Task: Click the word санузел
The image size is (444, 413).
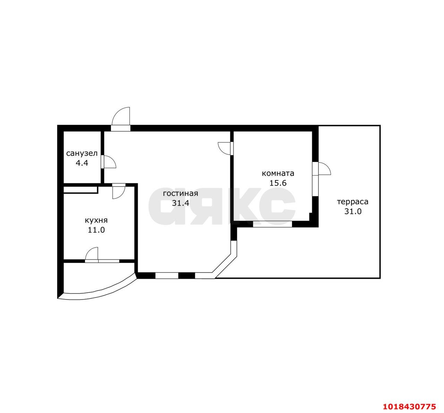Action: (82, 154)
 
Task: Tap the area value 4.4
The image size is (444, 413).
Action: (82, 163)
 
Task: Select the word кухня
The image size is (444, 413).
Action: (96, 221)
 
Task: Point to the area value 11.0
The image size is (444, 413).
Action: (96, 230)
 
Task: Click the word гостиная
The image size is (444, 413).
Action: (180, 194)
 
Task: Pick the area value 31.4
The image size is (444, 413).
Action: (180, 203)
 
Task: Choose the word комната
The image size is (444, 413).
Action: (278, 173)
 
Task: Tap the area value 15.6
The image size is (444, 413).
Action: (278, 183)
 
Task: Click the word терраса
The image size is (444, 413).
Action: (353, 202)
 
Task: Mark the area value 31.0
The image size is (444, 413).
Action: (353, 211)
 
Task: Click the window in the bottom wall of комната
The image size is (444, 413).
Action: (273, 224)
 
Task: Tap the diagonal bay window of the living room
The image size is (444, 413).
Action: (224, 267)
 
